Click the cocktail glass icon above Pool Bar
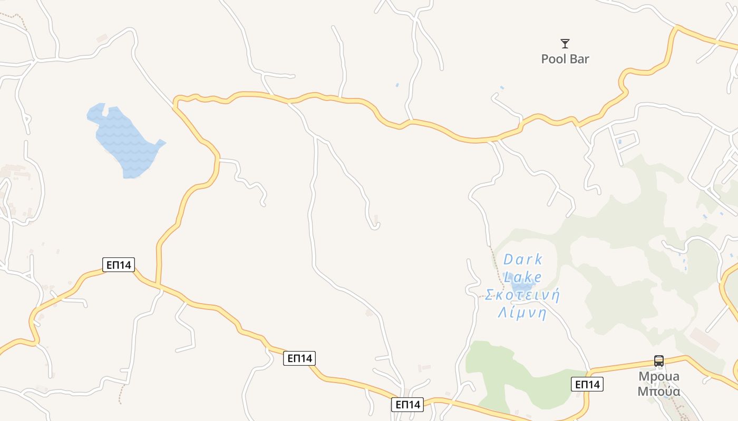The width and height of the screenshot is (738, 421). point(565,44)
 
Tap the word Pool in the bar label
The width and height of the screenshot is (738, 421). point(552,59)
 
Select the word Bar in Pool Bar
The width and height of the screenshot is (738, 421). point(579,59)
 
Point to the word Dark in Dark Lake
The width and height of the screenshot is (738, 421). point(523,259)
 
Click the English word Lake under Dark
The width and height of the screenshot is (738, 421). point(523,277)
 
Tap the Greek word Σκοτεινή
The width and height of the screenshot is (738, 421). point(522,295)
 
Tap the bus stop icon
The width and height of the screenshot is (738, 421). point(659,361)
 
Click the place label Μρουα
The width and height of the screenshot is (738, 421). point(659,377)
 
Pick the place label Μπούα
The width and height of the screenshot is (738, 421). point(659,392)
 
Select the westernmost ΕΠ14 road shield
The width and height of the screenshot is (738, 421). point(119,265)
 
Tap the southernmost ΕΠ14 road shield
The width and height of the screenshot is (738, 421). point(407,405)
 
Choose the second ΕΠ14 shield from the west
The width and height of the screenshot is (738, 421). point(299,358)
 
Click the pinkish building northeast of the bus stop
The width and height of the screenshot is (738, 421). point(704,340)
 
